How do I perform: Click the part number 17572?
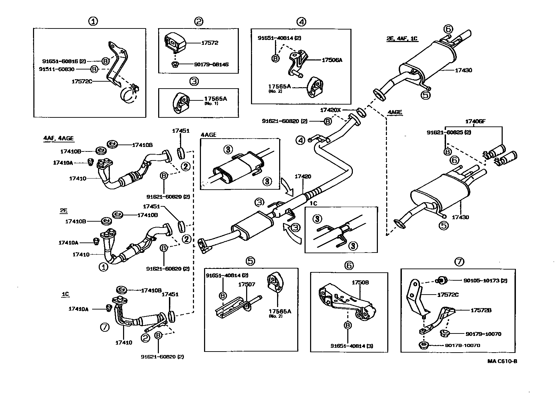pos(210,43)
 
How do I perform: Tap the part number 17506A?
pos(332,60)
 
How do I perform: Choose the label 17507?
pos(246,284)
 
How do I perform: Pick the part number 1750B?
pos(360,282)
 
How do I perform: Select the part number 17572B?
pos(481,310)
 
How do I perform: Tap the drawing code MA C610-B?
pos(502,361)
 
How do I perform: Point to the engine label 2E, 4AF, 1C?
pos(402,39)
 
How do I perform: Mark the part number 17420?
pos(302,176)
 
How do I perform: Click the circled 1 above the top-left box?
pos(93,22)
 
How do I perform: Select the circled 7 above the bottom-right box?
pos(459,262)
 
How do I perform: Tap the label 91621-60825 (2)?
pos(449,132)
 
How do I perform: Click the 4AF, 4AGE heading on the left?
pos(58,138)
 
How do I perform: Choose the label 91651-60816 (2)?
pos(64,61)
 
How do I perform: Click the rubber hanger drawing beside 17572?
pos(173,43)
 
